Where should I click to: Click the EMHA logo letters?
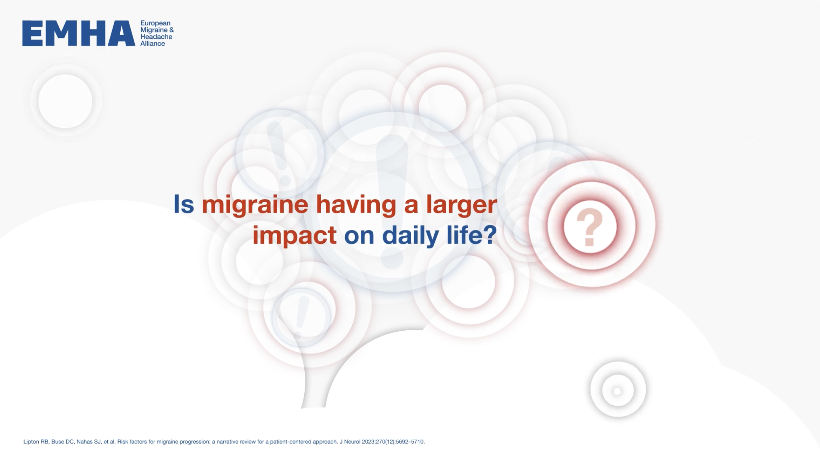[x=79, y=33]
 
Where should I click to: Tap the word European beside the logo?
[x=155, y=23]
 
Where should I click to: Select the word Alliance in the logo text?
[x=153, y=44]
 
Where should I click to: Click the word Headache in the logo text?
[x=156, y=37]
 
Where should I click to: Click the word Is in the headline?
[x=184, y=204]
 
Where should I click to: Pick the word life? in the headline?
[x=472, y=235]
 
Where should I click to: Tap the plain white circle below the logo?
[x=65, y=101]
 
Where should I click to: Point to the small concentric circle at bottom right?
[x=618, y=390]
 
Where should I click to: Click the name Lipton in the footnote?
[x=31, y=442]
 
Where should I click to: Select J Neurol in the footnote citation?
[x=350, y=442]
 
